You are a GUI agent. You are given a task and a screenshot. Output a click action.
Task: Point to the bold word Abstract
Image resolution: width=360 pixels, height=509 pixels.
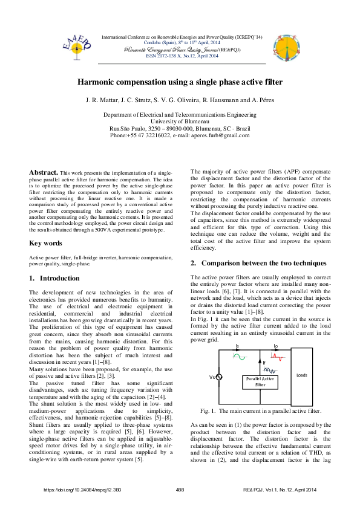click(x=44, y=172)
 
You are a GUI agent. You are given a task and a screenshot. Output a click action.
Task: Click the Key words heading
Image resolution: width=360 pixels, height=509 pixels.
click(x=45, y=243)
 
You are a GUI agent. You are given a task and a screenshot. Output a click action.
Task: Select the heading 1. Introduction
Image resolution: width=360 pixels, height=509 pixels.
click(x=54, y=278)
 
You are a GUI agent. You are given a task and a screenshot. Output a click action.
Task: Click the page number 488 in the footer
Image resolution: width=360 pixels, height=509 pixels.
click(x=180, y=490)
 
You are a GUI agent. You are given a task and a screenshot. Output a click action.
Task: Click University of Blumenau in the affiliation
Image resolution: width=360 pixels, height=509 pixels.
click(x=180, y=121)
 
